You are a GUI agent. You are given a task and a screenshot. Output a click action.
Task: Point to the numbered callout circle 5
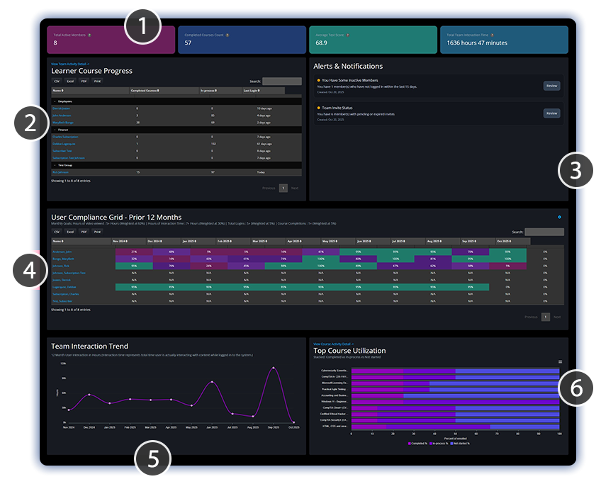pyautogui.click(x=152, y=461)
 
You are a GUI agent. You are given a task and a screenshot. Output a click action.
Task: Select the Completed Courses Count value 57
pyautogui.click(x=188, y=43)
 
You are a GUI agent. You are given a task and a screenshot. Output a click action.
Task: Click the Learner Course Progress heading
pyautogui.click(x=91, y=71)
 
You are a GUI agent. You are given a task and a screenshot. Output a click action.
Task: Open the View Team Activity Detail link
pyautogui.click(x=68, y=64)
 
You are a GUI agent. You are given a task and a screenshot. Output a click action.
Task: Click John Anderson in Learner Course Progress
pyautogui.click(x=62, y=115)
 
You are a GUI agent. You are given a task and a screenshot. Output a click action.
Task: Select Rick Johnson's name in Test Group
pyautogui.click(x=61, y=171)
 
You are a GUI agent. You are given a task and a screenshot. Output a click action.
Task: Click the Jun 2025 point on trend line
pyautogui.click(x=212, y=382)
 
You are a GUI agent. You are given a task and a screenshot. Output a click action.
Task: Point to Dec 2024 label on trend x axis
pyautogui.click(x=89, y=427)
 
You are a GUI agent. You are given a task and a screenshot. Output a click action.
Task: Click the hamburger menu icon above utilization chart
pyautogui.click(x=560, y=361)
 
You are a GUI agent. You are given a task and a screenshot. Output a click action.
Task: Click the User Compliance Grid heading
pyautogui.click(x=116, y=217)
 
